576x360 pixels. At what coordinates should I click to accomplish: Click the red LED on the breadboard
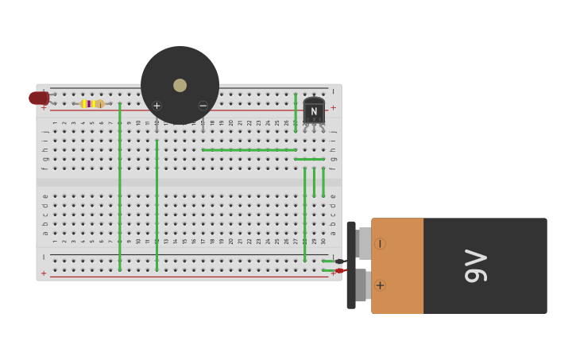point(37,99)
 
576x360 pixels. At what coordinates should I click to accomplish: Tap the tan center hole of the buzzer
point(180,85)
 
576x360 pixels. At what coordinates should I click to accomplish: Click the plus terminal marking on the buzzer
point(157,106)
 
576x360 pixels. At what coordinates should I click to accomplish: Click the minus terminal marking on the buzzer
point(203,106)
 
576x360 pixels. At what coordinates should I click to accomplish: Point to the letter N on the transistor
point(314,111)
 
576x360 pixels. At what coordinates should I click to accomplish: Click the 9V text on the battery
point(475,265)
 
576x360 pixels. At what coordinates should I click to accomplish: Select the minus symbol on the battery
point(380,243)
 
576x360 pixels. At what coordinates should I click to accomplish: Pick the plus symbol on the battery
point(380,285)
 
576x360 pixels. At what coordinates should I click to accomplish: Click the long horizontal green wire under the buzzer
point(249,149)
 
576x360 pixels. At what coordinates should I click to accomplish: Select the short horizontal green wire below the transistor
point(310,159)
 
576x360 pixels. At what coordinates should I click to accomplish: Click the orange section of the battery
point(397,266)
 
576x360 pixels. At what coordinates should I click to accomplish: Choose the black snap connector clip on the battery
point(351,265)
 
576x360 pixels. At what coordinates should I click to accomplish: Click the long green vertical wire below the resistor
point(120,187)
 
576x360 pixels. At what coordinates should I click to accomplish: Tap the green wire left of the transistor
point(296,111)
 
